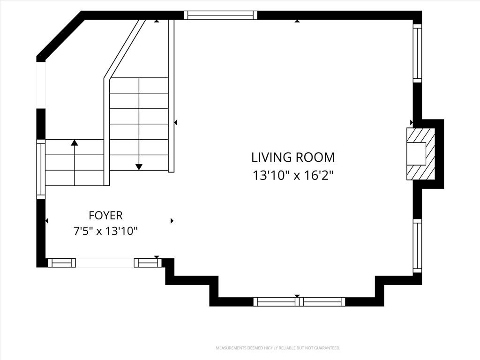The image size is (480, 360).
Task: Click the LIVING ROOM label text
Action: pyautogui.click(x=293, y=157)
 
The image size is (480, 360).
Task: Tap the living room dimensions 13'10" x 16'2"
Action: pyautogui.click(x=292, y=176)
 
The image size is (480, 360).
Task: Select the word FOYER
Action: pyautogui.click(x=105, y=216)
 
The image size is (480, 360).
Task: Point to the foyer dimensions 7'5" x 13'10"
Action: pyautogui.click(x=105, y=231)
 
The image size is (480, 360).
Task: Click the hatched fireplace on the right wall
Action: pyautogui.click(x=420, y=154)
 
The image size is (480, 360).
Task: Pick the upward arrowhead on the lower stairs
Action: pyautogui.click(x=75, y=142)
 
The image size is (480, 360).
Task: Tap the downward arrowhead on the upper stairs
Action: pyautogui.click(x=139, y=167)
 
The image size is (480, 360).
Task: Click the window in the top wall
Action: pyautogui.click(x=220, y=15)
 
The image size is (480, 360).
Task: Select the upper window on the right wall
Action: pyautogui.click(x=417, y=53)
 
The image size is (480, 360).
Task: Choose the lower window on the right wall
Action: pyautogui.click(x=417, y=246)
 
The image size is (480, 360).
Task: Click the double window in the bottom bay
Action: pyautogui.click(x=299, y=302)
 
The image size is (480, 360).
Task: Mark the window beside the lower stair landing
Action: pyautogui.click(x=41, y=169)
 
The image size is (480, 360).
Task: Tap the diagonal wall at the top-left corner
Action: pyautogui.click(x=60, y=36)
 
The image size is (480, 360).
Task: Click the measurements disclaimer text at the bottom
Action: pyautogui.click(x=278, y=348)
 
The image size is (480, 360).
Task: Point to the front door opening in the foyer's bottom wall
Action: pyautogui.click(x=105, y=262)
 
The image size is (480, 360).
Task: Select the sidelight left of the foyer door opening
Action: pyautogui.click(x=62, y=262)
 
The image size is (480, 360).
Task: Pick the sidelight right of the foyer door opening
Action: pyautogui.click(x=148, y=262)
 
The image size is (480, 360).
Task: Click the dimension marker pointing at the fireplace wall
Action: pyautogui.click(x=412, y=122)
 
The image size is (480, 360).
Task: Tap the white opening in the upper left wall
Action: pyautogui.click(x=41, y=85)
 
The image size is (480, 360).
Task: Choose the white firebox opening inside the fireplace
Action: pyautogui.click(x=416, y=154)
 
